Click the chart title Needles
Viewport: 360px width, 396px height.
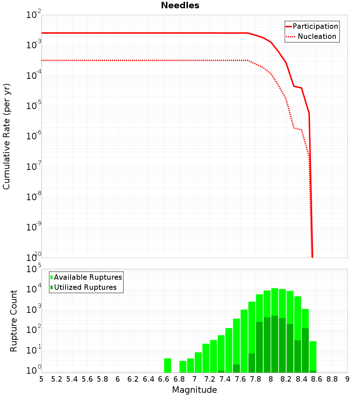(x=180, y=5)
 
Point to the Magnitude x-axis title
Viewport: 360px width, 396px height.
(x=194, y=390)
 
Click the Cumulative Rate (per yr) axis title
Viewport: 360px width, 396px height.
(x=6, y=136)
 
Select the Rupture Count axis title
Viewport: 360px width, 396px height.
(x=14, y=321)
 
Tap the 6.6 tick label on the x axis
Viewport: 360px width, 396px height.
(x=164, y=379)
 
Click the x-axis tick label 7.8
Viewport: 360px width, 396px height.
(x=256, y=379)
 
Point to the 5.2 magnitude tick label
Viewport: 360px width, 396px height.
(x=57, y=379)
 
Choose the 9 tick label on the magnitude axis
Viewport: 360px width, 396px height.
(x=347, y=379)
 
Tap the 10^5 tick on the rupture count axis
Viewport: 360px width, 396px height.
(x=34, y=269)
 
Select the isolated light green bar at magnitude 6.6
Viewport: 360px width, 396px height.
(x=167, y=365)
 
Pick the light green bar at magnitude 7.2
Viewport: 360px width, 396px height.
(x=206, y=358)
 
